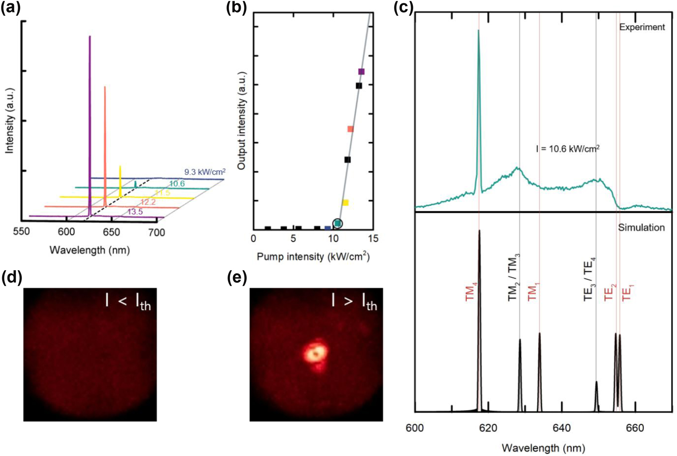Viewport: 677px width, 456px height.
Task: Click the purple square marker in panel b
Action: pos(361,71)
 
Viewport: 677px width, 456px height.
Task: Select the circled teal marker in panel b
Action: pos(338,223)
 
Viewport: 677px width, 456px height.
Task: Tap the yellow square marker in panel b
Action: pos(345,202)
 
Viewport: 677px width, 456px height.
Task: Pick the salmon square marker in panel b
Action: pos(350,129)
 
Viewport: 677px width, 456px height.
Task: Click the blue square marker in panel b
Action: pos(327,228)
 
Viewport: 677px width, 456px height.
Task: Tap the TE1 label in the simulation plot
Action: pos(626,292)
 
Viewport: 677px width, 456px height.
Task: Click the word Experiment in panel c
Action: pos(642,27)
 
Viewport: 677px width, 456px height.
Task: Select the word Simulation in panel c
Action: pos(641,227)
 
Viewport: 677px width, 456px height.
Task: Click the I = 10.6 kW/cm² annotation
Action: pos(567,149)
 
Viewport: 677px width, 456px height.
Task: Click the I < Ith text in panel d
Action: pos(128,302)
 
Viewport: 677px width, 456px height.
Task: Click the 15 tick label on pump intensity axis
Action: pos(373,238)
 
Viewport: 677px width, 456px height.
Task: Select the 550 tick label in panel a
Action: pos(21,231)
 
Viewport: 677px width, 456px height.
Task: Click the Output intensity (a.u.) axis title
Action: pos(242,121)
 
